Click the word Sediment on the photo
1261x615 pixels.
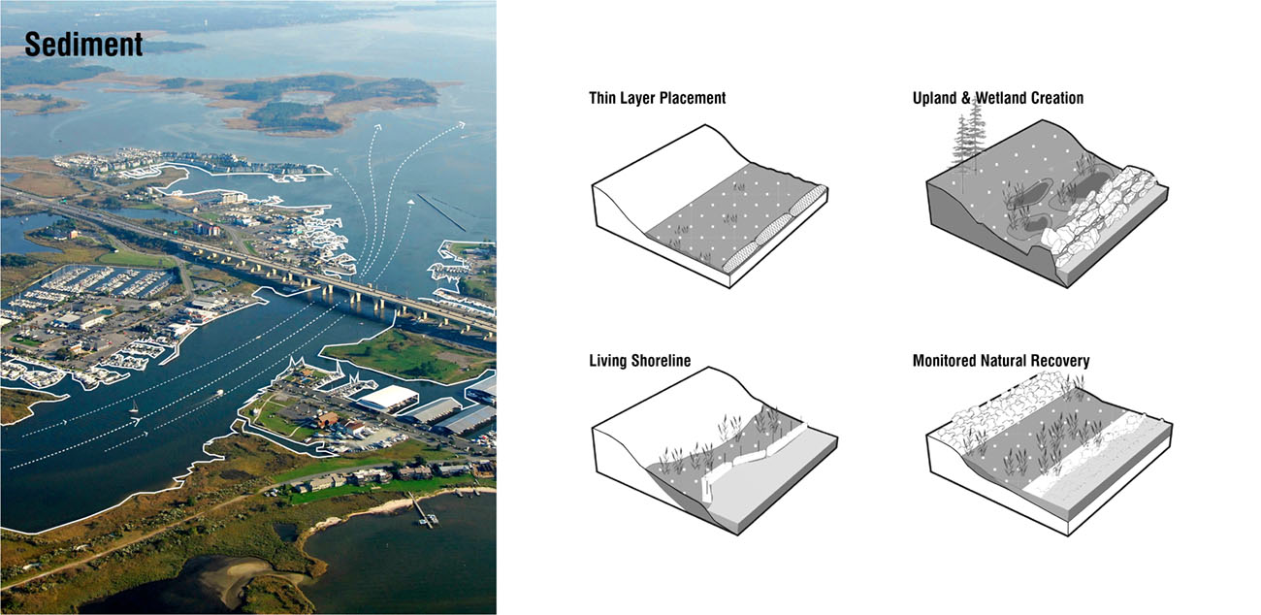click(83, 45)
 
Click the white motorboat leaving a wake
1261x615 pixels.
click(220, 393)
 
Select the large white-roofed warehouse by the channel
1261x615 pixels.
click(387, 398)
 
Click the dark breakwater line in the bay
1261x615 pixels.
click(441, 210)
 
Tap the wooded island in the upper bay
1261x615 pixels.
click(330, 97)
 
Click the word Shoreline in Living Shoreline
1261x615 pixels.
click(660, 361)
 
